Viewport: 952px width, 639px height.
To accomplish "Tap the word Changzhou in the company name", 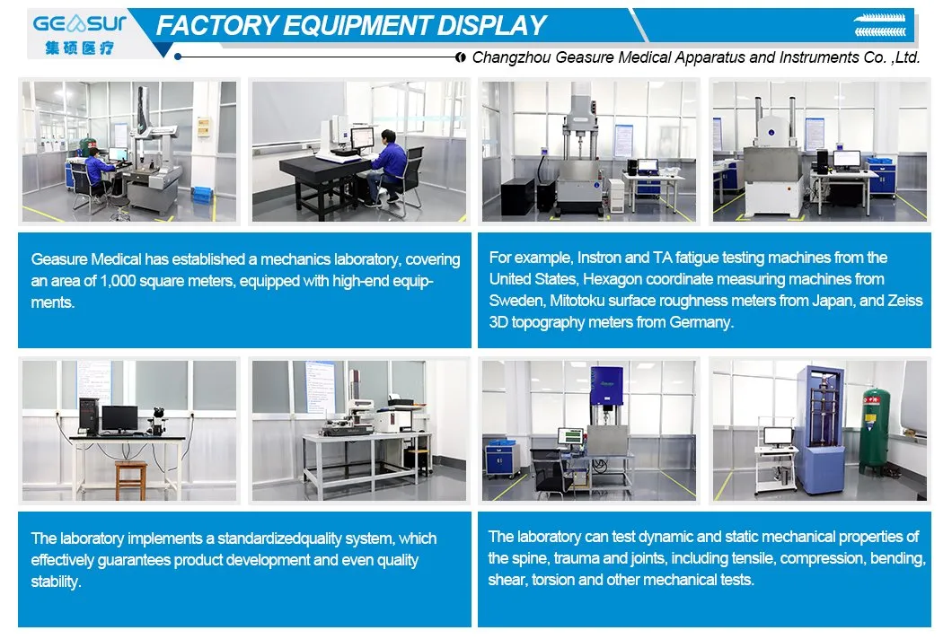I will [x=514, y=57].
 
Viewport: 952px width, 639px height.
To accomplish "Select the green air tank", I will [x=870, y=431].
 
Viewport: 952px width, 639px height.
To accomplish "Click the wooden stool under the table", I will [x=130, y=479].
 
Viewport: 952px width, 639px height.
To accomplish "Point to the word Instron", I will [x=591, y=258].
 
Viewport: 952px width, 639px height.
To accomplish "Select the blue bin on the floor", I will [x=202, y=194].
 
